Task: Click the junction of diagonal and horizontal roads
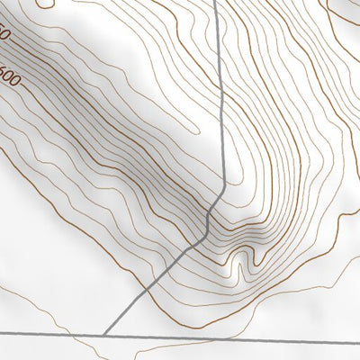pyautogui.click(x=103, y=333)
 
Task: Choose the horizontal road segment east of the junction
pyautogui.click(x=234, y=334)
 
